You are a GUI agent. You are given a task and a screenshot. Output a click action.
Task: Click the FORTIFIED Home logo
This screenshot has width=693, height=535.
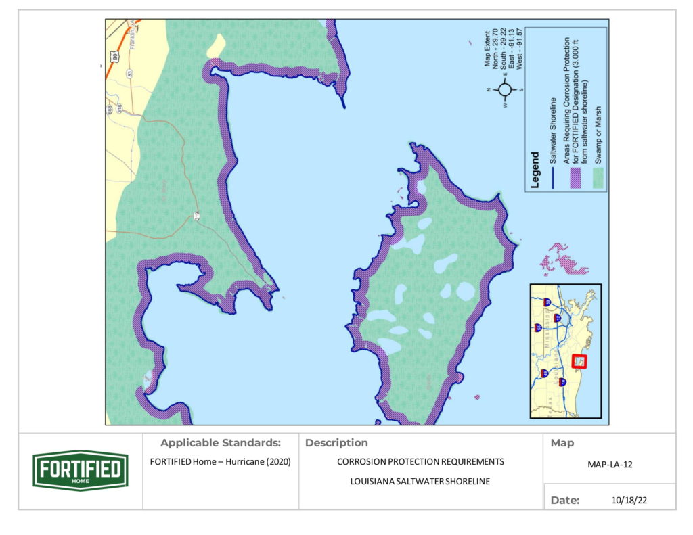(80, 470)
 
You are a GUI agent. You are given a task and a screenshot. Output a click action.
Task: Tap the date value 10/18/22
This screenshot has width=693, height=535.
(625, 501)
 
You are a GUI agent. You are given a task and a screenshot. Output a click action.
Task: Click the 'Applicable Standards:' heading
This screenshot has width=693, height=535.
(220, 444)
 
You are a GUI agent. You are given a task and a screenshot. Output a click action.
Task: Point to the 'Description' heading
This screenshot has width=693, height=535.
(336, 444)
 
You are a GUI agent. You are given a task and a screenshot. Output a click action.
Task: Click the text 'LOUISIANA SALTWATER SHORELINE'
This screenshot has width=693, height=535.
(420, 482)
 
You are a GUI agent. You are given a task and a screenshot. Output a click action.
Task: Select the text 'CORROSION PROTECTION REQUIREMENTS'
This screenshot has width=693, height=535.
(420, 462)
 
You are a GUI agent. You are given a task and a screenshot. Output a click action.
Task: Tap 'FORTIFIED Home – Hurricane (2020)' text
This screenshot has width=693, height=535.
(220, 462)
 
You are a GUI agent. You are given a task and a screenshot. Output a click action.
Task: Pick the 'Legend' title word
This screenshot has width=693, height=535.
(535, 171)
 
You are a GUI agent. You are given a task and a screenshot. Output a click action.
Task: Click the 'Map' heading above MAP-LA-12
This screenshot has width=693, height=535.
(562, 444)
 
